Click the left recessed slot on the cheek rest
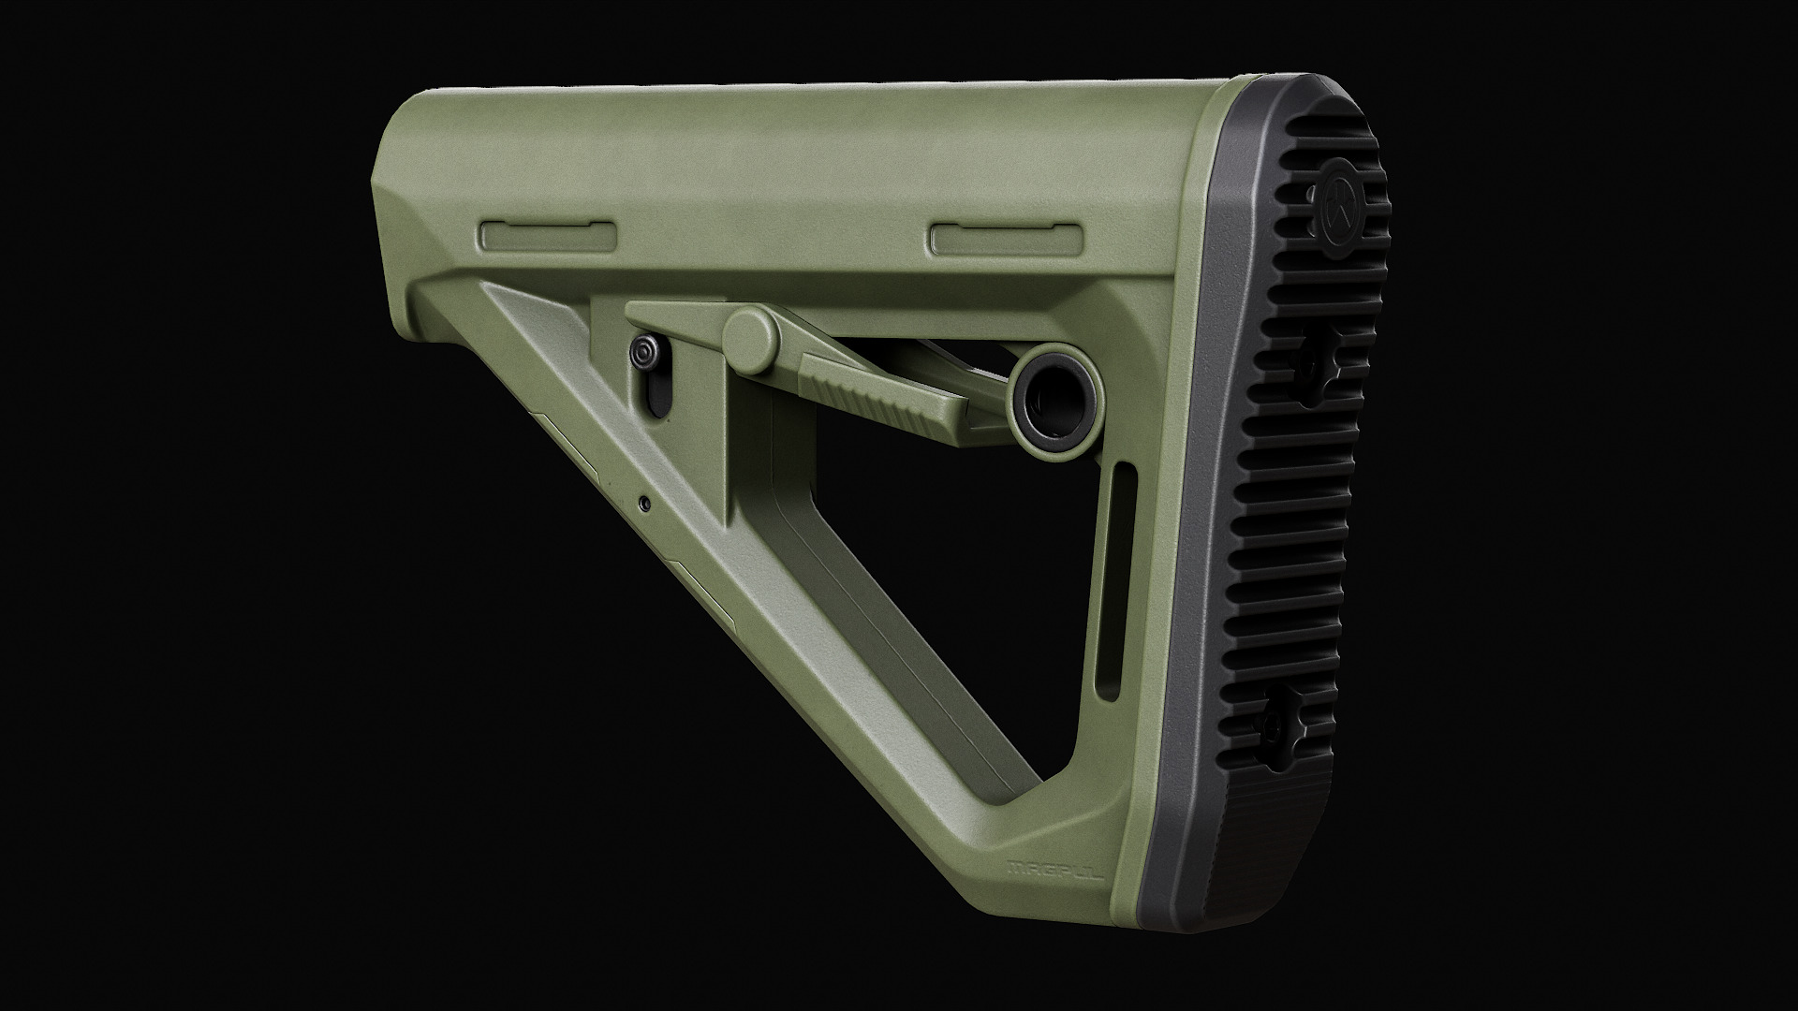pyautogui.click(x=548, y=237)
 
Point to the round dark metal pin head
pyautogui.click(x=644, y=353)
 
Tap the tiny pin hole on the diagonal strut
pyautogui.click(x=644, y=503)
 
